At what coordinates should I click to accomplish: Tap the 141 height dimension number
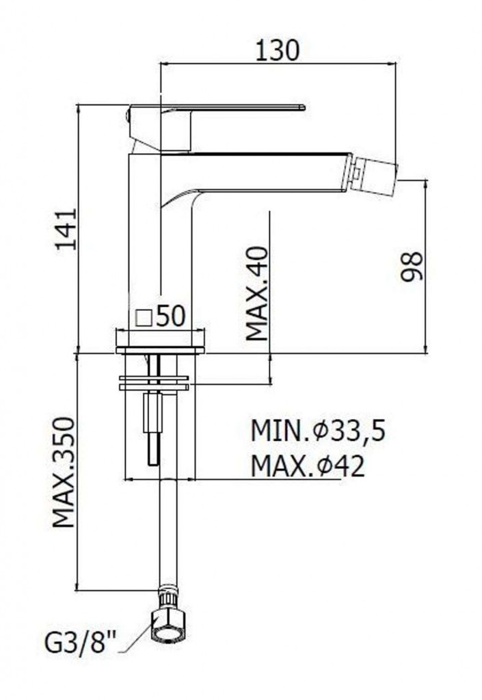pyautogui.click(x=66, y=229)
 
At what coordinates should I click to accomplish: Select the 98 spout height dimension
pyautogui.click(x=411, y=267)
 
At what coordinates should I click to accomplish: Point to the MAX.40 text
pyautogui.click(x=258, y=294)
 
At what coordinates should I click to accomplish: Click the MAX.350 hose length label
pyautogui.click(x=64, y=473)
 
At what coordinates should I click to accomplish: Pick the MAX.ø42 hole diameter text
pyautogui.click(x=308, y=466)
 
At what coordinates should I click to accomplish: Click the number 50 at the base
pyautogui.click(x=170, y=316)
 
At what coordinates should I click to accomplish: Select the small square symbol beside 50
pyautogui.click(x=144, y=318)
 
